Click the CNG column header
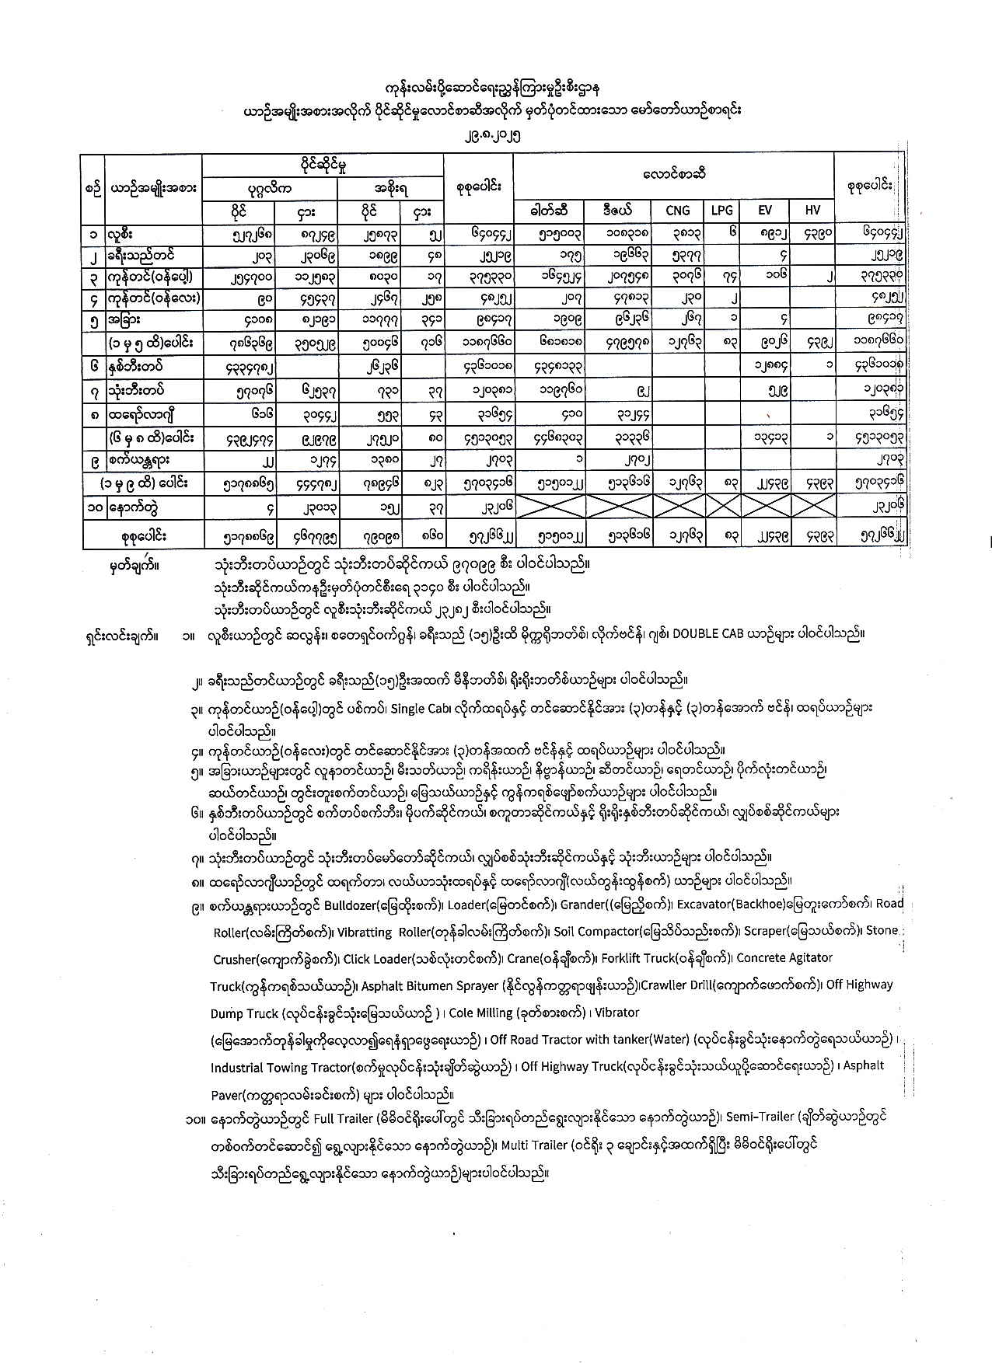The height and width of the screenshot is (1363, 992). (678, 210)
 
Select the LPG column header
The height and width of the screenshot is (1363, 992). (721, 210)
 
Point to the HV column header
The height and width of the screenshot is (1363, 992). (812, 210)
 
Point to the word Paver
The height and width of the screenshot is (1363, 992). (227, 1096)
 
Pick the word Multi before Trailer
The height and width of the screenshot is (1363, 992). (515, 1145)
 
